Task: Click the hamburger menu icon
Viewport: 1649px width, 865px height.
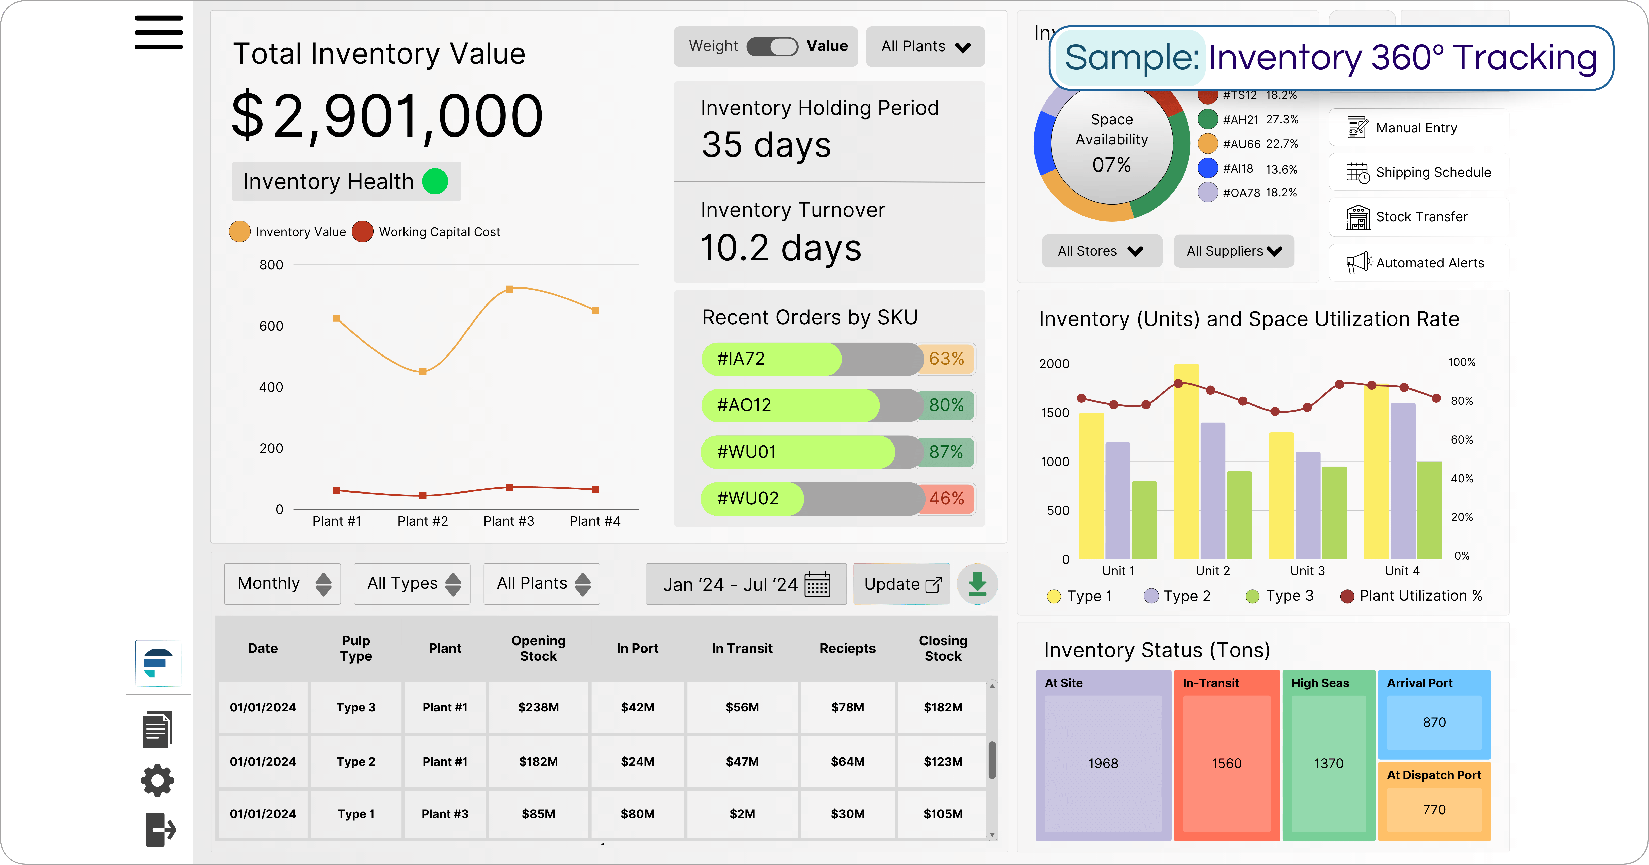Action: (x=158, y=33)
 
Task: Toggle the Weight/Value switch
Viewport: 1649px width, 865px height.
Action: (x=772, y=47)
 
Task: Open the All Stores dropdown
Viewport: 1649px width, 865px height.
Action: (x=1101, y=251)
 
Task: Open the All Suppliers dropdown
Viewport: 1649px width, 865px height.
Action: (x=1233, y=251)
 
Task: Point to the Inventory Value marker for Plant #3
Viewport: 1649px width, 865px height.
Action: (x=509, y=289)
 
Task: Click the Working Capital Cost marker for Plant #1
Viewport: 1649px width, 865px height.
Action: (x=337, y=490)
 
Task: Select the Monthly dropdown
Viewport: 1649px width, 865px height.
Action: (x=282, y=584)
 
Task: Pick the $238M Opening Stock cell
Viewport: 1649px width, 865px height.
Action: (x=538, y=707)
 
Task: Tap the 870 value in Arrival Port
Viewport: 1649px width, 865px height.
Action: (x=1434, y=722)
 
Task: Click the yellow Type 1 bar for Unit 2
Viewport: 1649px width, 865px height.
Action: (x=1186, y=461)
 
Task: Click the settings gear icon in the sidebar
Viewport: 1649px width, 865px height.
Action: (x=157, y=781)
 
